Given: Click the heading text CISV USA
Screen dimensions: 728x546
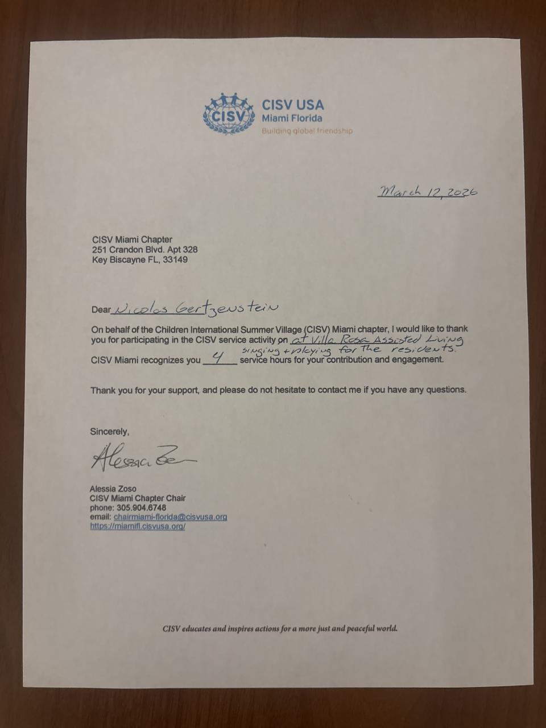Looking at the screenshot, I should (x=292, y=105).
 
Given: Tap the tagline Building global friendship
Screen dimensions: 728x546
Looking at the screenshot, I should (x=307, y=131).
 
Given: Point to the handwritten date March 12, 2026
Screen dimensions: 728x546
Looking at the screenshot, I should (x=428, y=192).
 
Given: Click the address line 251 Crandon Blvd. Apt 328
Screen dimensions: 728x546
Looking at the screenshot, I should (x=144, y=250).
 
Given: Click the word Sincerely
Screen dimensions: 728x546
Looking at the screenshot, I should (x=109, y=432).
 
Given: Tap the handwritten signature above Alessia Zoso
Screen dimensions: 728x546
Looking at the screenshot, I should (x=142, y=458).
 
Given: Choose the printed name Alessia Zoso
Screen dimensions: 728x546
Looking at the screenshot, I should (x=113, y=489).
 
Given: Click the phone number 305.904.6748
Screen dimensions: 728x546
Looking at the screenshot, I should (x=141, y=507).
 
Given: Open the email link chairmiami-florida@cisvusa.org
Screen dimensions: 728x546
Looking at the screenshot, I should (x=170, y=517).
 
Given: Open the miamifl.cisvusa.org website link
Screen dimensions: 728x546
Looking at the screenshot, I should (x=138, y=526).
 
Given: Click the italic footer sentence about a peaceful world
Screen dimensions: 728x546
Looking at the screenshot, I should (x=280, y=628).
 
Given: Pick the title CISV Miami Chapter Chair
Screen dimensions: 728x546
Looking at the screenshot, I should (x=138, y=498).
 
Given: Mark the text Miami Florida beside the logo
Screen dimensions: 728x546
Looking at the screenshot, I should (x=292, y=118).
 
